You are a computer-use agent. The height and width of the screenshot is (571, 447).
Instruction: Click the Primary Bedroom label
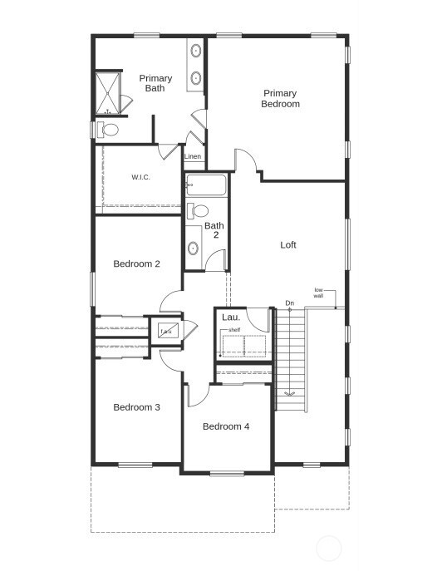[x=280, y=98]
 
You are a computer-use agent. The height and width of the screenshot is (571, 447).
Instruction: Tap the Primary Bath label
[x=155, y=83]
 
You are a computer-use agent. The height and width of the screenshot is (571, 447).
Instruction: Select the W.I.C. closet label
[x=140, y=177]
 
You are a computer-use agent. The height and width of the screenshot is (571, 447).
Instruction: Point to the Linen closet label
[x=193, y=156]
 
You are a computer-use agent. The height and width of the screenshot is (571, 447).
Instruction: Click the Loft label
[x=287, y=244]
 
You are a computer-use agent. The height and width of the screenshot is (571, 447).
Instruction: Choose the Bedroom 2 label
[x=137, y=263]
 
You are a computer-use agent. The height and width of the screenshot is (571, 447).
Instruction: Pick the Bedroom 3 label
[x=137, y=407]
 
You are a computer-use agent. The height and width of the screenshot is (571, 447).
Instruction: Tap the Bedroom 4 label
[x=226, y=426]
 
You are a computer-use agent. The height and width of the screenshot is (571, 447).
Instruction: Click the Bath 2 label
[x=214, y=230]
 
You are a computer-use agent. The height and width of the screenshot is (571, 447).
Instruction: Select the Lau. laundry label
[x=230, y=317]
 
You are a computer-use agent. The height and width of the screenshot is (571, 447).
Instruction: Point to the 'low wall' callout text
[x=318, y=293]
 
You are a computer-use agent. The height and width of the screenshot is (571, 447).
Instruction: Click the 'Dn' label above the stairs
[x=289, y=303]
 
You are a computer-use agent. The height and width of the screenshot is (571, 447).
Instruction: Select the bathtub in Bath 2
[x=206, y=184]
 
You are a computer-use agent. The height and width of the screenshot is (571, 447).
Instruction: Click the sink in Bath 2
[x=194, y=248]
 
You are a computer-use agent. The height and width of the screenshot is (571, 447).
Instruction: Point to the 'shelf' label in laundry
[x=235, y=330]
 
